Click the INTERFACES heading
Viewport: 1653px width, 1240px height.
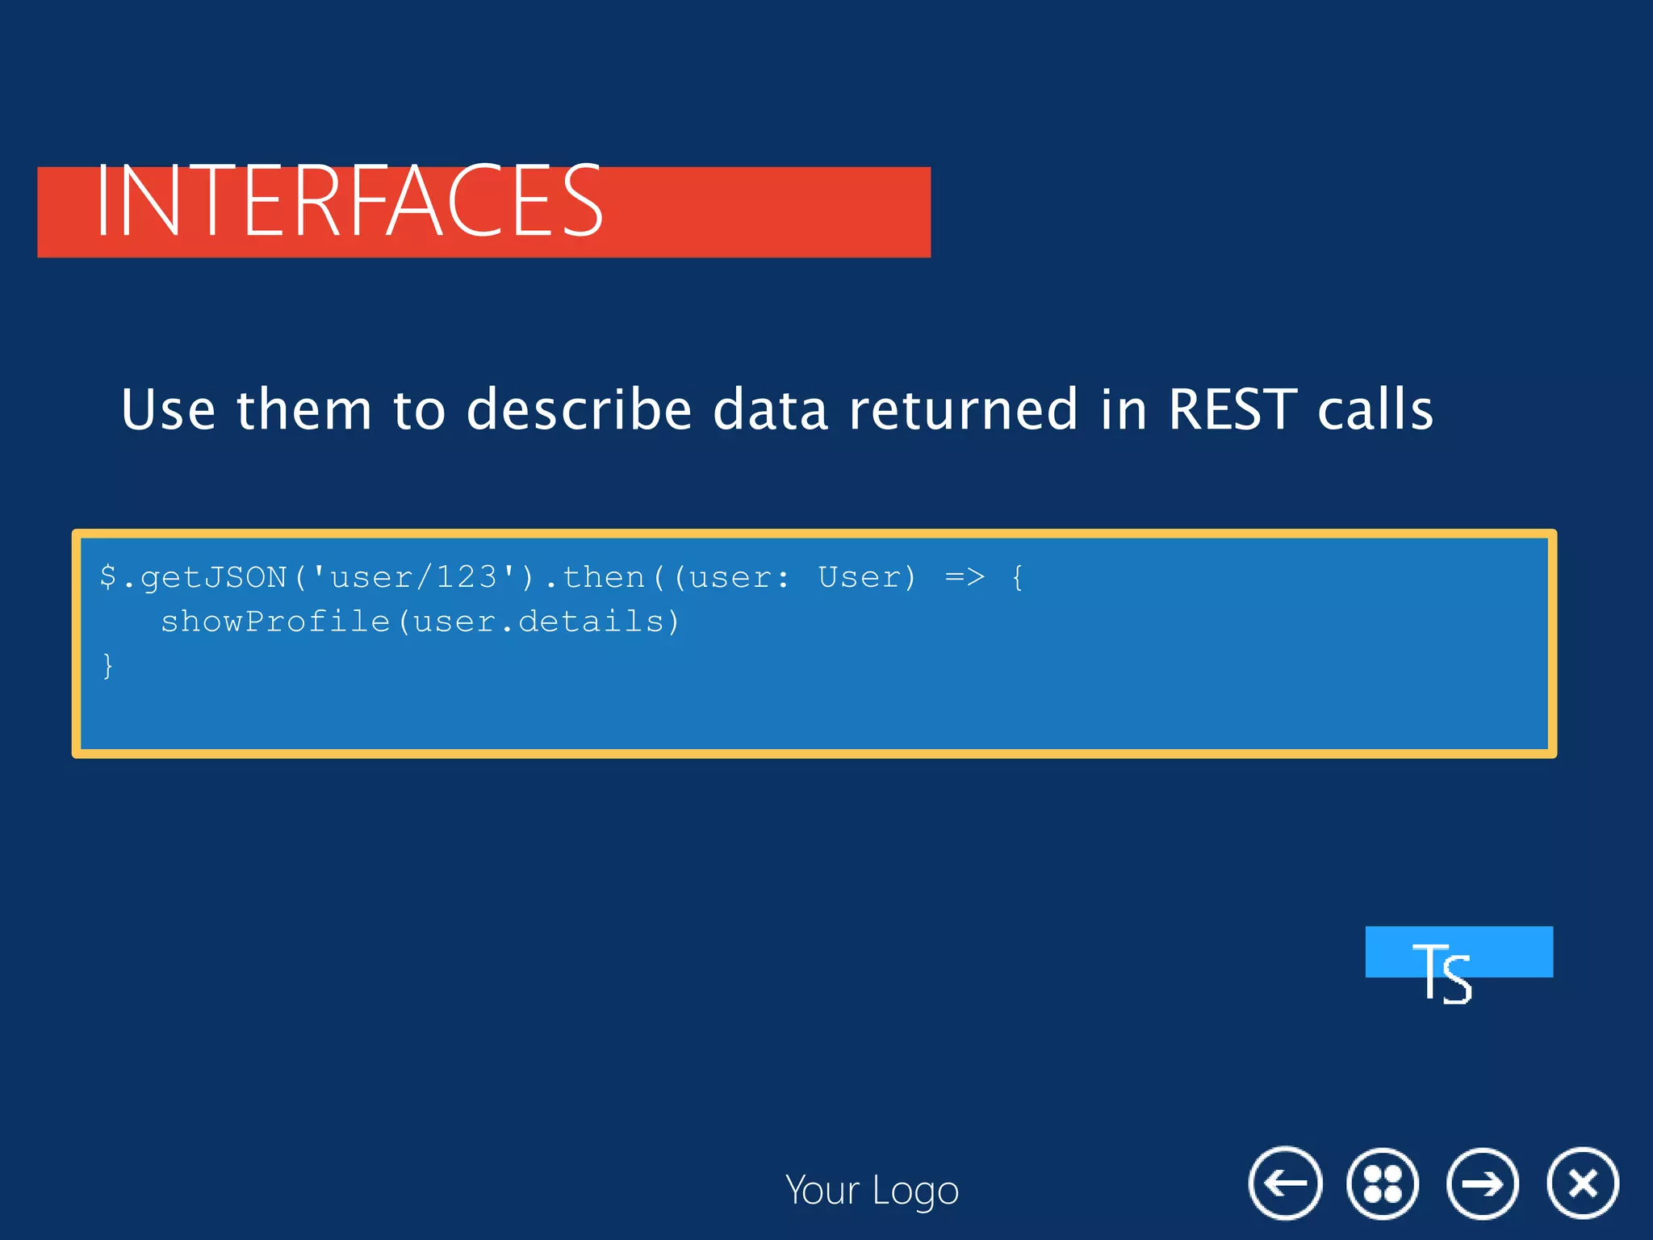click(349, 202)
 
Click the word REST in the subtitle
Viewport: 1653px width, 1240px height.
click(1232, 409)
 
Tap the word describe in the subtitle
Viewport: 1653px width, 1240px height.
click(579, 409)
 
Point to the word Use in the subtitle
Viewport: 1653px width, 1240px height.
click(168, 409)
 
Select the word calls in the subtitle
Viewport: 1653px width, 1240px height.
click(1375, 409)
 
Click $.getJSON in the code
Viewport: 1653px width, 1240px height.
click(194, 578)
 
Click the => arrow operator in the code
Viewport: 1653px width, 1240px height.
click(965, 577)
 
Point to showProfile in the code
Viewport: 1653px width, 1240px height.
click(275, 622)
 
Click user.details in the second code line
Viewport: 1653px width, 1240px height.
click(538, 622)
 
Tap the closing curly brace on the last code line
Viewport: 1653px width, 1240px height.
click(108, 666)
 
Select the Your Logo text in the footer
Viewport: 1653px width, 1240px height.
click(872, 1191)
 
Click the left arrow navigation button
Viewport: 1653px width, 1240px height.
click(1285, 1183)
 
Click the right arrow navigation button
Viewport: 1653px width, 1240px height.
click(1482, 1183)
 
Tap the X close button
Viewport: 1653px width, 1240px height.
click(1582, 1183)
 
